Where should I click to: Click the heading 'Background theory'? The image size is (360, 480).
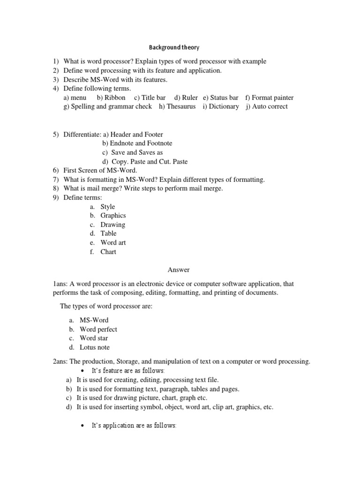(174, 47)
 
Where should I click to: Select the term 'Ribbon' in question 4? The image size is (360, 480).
(115, 97)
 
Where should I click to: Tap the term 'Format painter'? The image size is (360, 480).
(273, 97)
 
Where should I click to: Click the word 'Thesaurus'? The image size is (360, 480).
(181, 106)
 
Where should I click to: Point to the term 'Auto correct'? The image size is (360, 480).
(270, 106)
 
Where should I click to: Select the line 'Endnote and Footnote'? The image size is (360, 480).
(141, 143)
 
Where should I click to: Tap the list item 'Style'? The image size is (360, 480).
(108, 207)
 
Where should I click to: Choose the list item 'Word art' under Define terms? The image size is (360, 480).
(113, 243)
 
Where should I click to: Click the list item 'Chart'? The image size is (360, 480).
(108, 252)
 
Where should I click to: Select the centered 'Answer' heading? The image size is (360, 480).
(179, 270)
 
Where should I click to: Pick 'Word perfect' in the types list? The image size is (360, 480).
(98, 330)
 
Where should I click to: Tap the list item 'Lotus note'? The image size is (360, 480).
(95, 347)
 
